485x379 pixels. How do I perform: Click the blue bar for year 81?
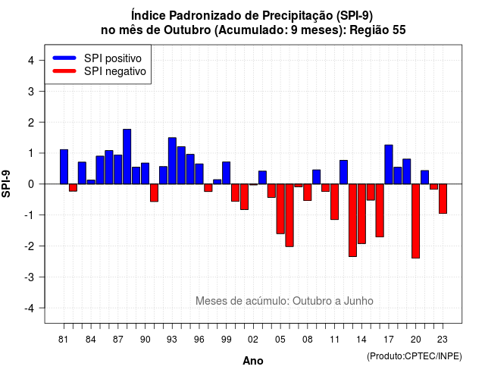pyautogui.click(x=64, y=167)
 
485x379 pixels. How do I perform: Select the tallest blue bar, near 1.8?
pyautogui.click(x=127, y=157)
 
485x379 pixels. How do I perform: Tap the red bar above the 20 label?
pyautogui.click(x=415, y=221)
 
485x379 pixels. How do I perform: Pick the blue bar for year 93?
pyautogui.click(x=172, y=161)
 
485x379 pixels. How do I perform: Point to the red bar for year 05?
pyautogui.click(x=280, y=209)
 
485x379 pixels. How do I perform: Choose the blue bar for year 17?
pyautogui.click(x=389, y=164)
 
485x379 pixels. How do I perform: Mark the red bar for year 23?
pyautogui.click(x=443, y=199)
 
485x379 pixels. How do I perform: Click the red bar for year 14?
pyautogui.click(x=361, y=214)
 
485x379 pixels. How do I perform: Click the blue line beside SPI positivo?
pyautogui.click(x=64, y=58)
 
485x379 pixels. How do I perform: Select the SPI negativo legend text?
pyautogui.click(x=115, y=71)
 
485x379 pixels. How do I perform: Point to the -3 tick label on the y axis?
pyautogui.click(x=30, y=277)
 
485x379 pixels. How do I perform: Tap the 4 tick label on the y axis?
pyautogui.click(x=31, y=60)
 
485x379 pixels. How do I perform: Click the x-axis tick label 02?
pyautogui.click(x=252, y=340)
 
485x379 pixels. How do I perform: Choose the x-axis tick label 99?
pyautogui.click(x=226, y=340)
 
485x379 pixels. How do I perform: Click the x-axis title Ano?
pyautogui.click(x=252, y=361)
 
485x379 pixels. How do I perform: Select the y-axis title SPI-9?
pyautogui.click(x=6, y=183)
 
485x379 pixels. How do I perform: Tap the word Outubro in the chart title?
pyautogui.click(x=187, y=30)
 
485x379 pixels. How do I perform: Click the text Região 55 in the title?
pyautogui.click(x=377, y=30)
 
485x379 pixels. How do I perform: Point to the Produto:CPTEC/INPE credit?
pyautogui.click(x=415, y=356)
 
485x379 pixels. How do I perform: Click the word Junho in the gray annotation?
pyautogui.click(x=358, y=301)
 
